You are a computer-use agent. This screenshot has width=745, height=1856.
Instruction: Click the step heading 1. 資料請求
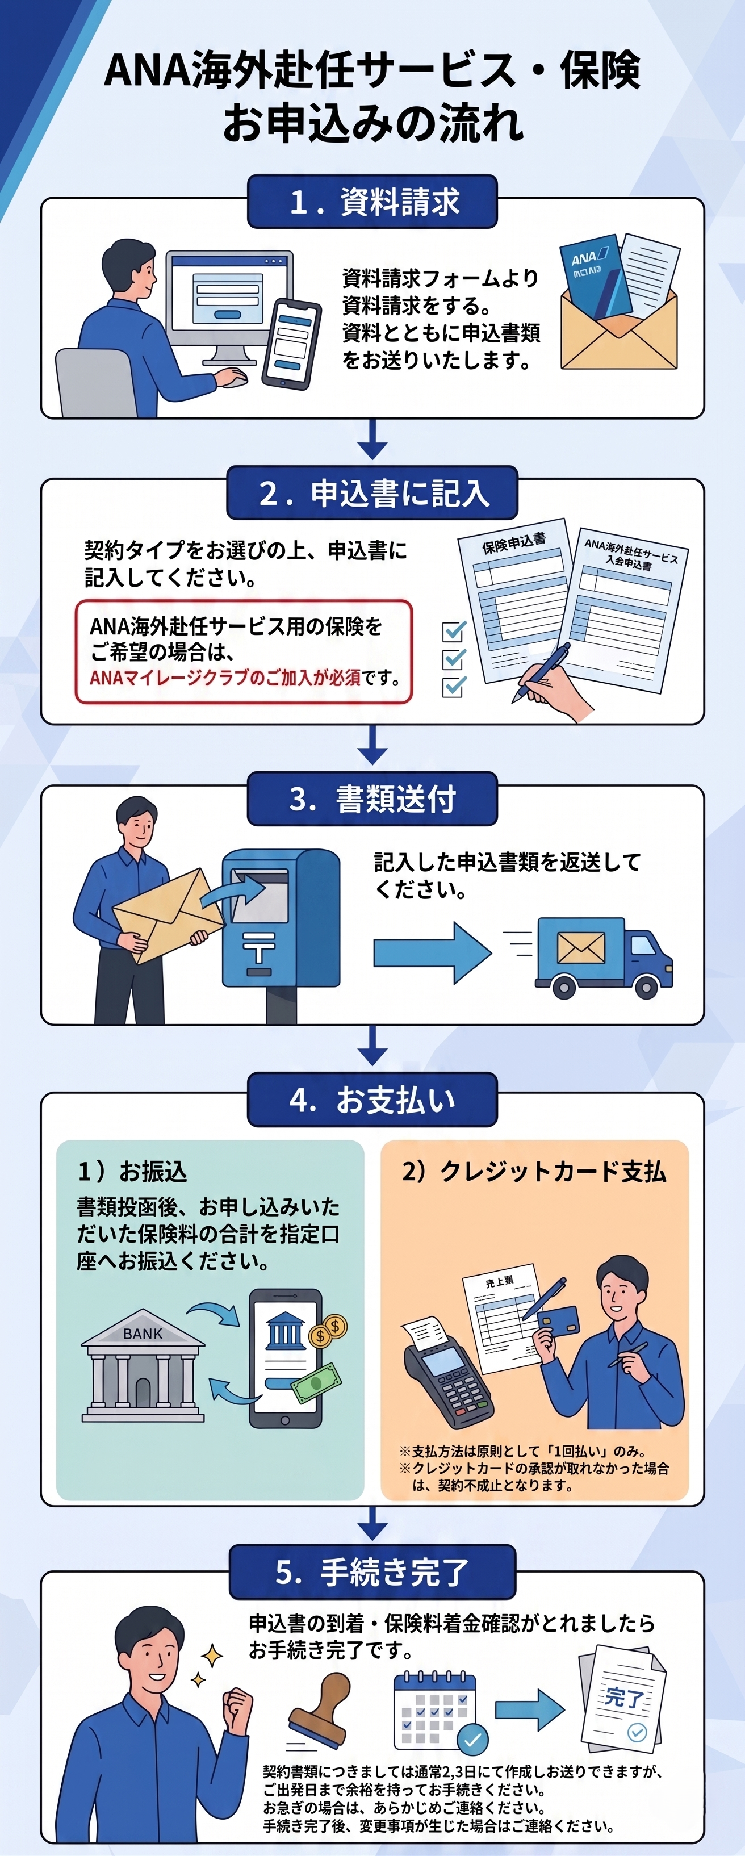click(x=373, y=202)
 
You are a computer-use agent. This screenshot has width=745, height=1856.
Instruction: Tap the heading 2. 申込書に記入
click(x=373, y=494)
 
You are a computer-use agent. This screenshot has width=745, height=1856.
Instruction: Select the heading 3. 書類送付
click(x=372, y=799)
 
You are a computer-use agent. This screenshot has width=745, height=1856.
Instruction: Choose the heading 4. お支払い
click(x=372, y=1100)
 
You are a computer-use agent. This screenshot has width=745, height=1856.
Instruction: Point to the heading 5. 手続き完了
click(x=372, y=1572)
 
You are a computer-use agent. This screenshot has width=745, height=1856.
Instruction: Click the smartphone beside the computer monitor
click(x=291, y=343)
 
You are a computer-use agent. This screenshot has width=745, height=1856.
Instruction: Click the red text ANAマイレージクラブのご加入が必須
click(x=225, y=678)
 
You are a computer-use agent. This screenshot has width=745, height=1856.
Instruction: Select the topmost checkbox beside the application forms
click(x=454, y=631)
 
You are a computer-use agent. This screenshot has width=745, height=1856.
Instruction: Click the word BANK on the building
click(x=143, y=1334)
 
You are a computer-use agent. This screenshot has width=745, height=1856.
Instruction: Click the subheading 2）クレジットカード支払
click(x=534, y=1172)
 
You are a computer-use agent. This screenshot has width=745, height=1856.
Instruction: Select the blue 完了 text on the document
click(x=624, y=1698)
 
